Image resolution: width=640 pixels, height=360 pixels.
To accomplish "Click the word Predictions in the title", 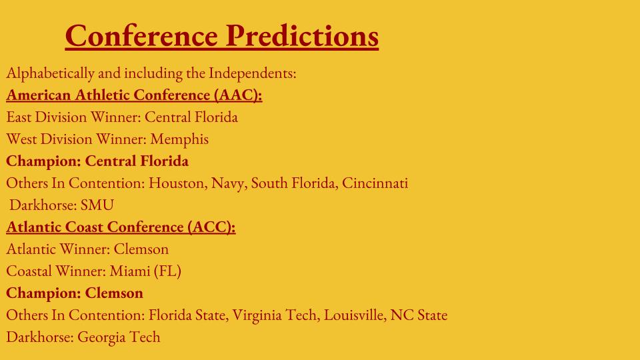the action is click(302, 35).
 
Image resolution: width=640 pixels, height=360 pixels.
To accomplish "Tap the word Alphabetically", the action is click(50, 73).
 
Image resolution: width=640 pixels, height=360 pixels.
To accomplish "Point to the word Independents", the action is click(252, 73).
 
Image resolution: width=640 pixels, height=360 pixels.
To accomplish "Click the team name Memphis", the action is click(179, 139).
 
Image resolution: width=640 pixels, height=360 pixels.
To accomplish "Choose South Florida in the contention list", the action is click(294, 183).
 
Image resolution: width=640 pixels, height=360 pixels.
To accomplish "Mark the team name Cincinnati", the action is click(375, 183).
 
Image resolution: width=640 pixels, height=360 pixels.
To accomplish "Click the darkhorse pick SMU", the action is click(97, 205).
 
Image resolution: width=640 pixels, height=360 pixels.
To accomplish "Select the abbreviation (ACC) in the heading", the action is click(211, 227).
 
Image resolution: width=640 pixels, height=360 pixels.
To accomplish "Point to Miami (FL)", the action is click(145, 271).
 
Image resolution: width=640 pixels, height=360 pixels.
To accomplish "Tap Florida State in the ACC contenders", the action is click(188, 315).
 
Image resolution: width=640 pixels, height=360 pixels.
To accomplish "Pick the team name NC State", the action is click(419, 315).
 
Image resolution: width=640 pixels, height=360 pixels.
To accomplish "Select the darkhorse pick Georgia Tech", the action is click(119, 337).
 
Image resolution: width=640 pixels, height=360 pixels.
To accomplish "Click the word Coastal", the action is click(29, 271).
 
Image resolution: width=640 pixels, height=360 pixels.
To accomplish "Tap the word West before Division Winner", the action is click(21, 139).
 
